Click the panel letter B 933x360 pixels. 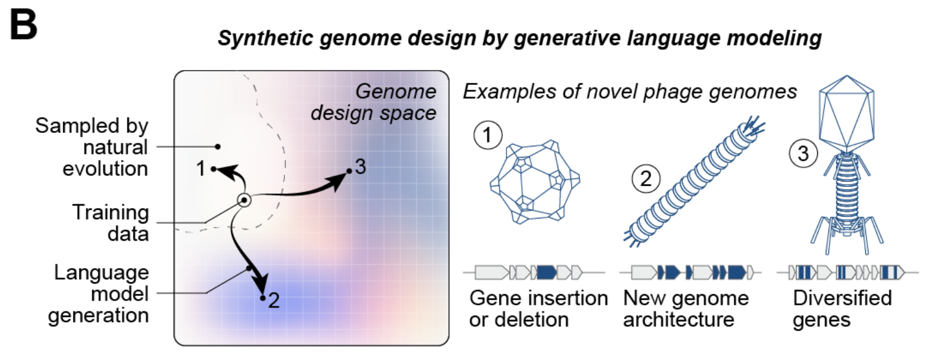[x=23, y=25]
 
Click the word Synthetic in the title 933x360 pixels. [x=265, y=38]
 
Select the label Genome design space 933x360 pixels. [x=374, y=102]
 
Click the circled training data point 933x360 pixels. [x=244, y=201]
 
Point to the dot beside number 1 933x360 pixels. [x=214, y=169]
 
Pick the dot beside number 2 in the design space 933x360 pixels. [x=262, y=298]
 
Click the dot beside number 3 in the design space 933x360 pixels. [x=349, y=171]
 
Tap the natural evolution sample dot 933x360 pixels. [x=218, y=146]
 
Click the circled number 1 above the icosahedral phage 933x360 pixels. [x=488, y=135]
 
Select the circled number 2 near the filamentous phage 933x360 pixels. [x=646, y=178]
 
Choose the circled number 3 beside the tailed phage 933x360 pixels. [x=804, y=153]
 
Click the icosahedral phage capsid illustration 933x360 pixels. [x=535, y=182]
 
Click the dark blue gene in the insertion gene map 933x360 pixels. [x=547, y=273]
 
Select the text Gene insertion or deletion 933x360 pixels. [x=539, y=309]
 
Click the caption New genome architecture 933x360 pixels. [x=686, y=309]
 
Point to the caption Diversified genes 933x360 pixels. [x=842, y=309]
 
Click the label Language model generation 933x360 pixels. [x=98, y=294]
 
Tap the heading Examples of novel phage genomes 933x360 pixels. [x=630, y=92]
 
